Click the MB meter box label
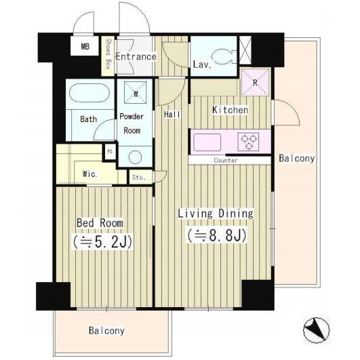pos(85,47)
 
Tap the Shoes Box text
pos(108,54)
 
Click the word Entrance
pos(136,56)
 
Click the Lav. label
pos(202,64)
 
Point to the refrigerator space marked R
pos(255,81)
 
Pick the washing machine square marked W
pos(136,92)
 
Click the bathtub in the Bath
pos(89,93)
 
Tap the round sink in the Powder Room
pos(135,157)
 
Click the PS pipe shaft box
pos(110,152)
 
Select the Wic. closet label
pos(89,174)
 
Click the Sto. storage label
pos(139,178)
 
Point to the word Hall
pos(172,115)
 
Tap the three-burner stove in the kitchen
pos(248,142)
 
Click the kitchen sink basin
pos(207,142)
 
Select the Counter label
pos(226,160)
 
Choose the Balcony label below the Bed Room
pos(106,331)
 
